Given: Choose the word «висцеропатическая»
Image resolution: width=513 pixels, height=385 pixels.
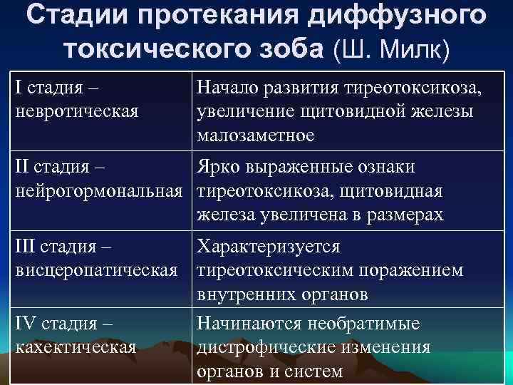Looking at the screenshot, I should (x=96, y=271).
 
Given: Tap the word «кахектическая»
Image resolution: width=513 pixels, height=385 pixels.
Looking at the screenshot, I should (x=76, y=347).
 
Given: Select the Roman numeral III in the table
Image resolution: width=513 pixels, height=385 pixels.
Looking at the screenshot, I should (x=26, y=247).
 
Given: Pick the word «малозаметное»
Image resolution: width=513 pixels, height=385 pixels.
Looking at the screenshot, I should (x=256, y=135).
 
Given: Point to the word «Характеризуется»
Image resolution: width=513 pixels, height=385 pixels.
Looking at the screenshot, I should (x=269, y=247).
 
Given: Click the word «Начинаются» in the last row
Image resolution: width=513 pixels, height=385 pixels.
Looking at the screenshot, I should (x=250, y=324).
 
